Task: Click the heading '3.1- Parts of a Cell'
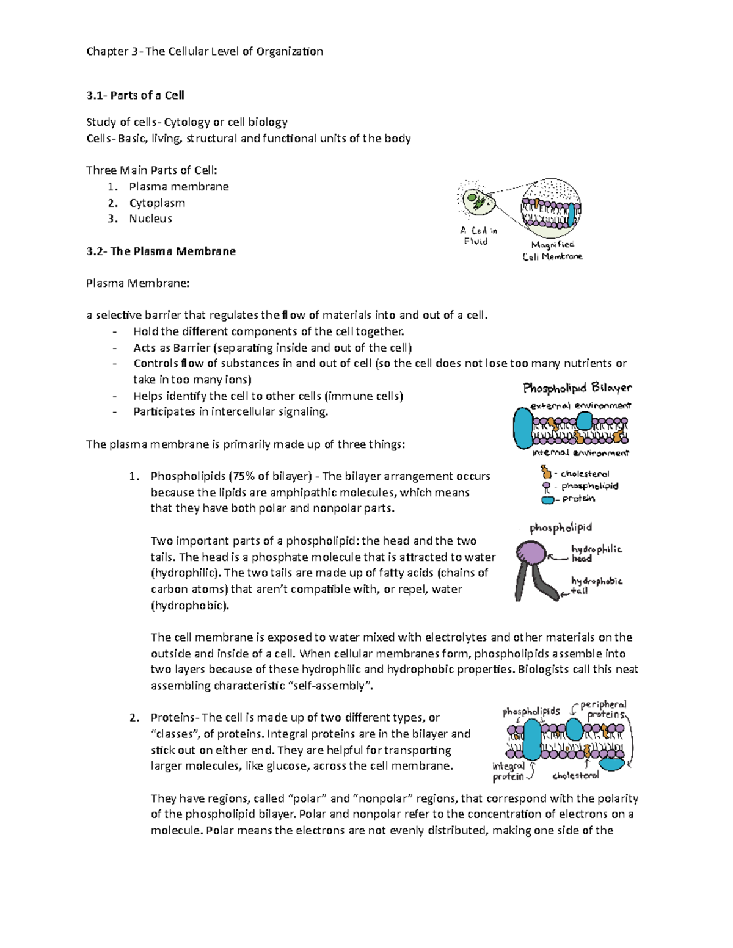click(135, 95)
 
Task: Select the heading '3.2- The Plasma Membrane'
click(161, 251)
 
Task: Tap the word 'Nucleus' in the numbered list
click(150, 219)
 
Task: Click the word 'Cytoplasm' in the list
click(157, 203)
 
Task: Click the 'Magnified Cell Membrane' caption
click(552, 251)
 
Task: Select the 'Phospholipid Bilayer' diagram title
click(577, 388)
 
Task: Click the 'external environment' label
click(580, 405)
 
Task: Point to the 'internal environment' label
click(580, 453)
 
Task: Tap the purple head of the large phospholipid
click(531, 554)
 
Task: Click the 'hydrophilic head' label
click(595, 553)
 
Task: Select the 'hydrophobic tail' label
click(595, 585)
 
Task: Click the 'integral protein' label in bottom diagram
click(508, 771)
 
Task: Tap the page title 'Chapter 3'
click(112, 51)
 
